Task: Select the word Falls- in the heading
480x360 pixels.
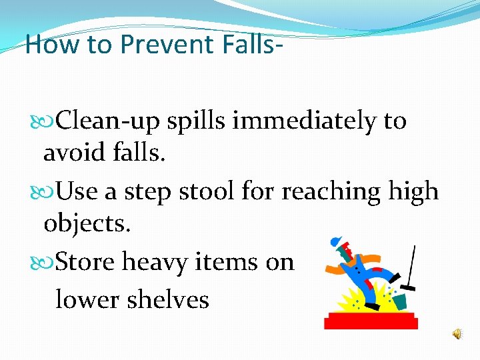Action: click(247, 45)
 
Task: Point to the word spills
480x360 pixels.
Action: click(199, 122)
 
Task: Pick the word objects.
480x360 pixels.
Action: click(87, 223)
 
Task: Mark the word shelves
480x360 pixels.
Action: click(171, 299)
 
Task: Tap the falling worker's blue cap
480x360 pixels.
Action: click(335, 241)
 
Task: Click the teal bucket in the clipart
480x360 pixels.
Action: click(399, 302)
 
